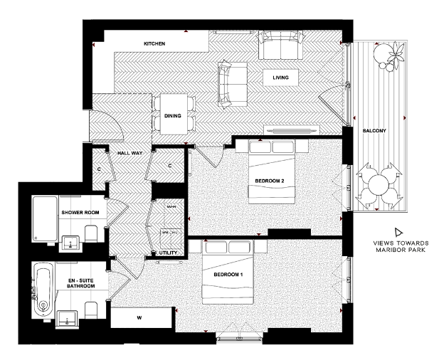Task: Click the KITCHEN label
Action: tap(154, 44)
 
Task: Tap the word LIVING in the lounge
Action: tap(280, 78)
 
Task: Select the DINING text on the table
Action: tap(173, 116)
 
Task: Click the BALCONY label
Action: tap(374, 132)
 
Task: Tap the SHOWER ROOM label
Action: tap(80, 213)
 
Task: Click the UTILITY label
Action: tap(168, 253)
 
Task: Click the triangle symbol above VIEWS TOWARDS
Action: tap(397, 233)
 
